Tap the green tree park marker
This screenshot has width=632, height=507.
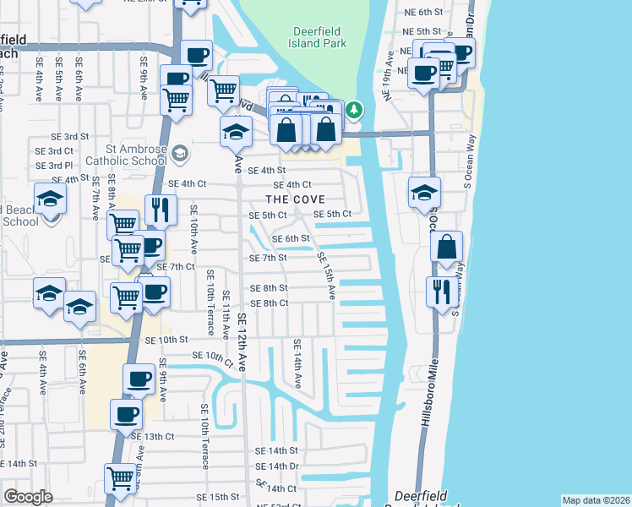(354, 110)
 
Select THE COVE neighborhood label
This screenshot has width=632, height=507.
(296, 199)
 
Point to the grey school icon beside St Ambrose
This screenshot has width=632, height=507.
(179, 154)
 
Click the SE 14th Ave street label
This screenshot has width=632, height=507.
(297, 361)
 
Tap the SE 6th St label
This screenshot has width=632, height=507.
(291, 238)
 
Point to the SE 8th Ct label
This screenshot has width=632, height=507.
(270, 303)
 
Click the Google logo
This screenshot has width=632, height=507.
(28, 497)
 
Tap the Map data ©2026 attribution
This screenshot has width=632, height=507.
(596, 500)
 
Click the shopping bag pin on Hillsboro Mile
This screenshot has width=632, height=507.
(447, 248)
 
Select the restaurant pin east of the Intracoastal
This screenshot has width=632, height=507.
(439, 293)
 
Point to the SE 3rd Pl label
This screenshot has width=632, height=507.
(53, 166)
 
